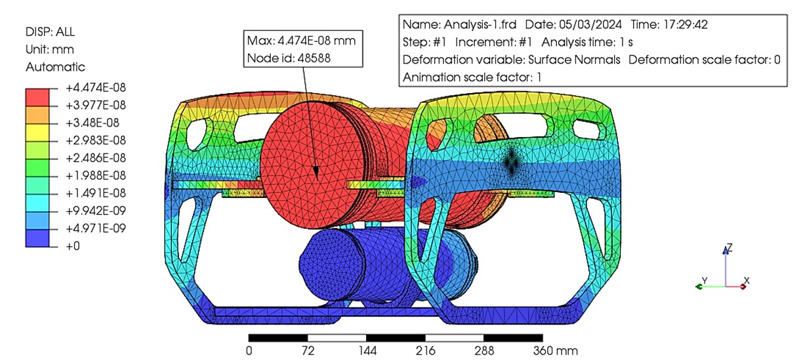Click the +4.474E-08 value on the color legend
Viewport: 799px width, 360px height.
point(96,88)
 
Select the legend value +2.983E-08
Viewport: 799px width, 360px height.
point(96,140)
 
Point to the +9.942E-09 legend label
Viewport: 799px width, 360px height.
point(96,210)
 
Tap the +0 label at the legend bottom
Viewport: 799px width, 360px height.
point(73,246)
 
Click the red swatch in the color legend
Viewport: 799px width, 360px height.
point(37,97)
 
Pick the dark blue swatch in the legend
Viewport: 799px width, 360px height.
point(37,238)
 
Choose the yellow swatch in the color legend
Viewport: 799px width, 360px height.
point(37,132)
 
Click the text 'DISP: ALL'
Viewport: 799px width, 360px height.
point(50,32)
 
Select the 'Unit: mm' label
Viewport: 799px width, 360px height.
point(50,50)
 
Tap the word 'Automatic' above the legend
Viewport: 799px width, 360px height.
point(55,67)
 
